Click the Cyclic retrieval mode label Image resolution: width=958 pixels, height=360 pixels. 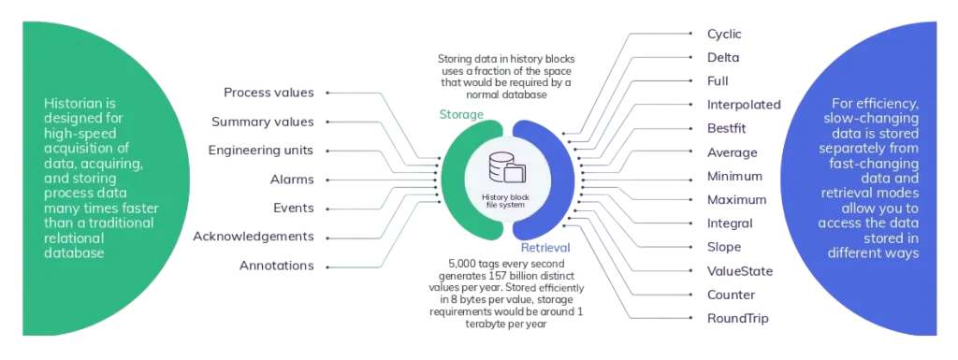[724, 35]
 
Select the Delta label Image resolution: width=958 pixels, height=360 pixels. [723, 58]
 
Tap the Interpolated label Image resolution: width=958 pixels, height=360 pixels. [744, 105]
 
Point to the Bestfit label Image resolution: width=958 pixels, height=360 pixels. [726, 129]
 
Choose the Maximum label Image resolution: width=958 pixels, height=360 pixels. [736, 199]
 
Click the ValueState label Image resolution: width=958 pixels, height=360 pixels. [740, 271]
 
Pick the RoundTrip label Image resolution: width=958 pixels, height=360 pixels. [737, 319]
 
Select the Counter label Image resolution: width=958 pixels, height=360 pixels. [731, 295]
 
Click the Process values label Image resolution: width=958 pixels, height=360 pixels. [269, 93]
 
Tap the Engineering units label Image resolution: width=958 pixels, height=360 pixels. [261, 151]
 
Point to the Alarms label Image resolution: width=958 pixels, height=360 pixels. [292, 180]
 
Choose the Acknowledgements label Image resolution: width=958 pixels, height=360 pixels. [254, 237]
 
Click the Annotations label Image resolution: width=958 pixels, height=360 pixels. [277, 266]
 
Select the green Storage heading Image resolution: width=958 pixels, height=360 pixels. [461, 114]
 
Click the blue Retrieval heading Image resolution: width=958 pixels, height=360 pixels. [545, 248]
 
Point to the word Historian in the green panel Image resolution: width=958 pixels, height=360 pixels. [80, 103]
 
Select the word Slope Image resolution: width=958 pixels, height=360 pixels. [724, 247]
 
